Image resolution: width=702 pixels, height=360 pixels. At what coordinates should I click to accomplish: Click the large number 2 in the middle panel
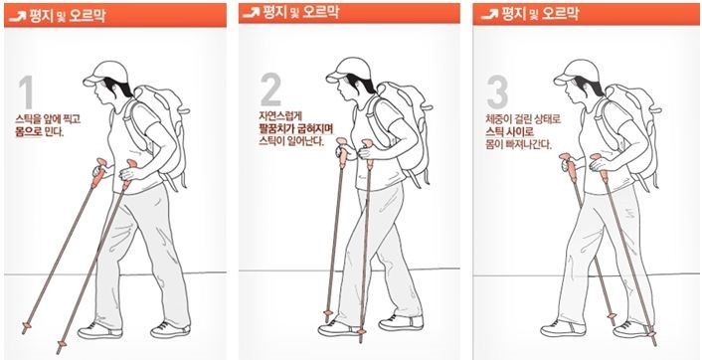(x=270, y=89)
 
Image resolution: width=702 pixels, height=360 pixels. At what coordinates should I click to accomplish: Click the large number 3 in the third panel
(x=497, y=92)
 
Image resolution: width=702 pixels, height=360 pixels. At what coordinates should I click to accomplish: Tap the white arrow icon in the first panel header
(x=17, y=17)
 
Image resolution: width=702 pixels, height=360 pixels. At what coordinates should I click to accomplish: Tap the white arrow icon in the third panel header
(x=489, y=15)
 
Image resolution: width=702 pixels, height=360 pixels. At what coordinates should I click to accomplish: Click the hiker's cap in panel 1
(x=105, y=73)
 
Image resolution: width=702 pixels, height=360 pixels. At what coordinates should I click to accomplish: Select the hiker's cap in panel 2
(x=348, y=70)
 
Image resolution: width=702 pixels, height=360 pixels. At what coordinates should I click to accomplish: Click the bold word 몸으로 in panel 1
(x=30, y=132)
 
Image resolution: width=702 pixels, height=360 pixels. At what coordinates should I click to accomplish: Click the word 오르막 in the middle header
(x=320, y=13)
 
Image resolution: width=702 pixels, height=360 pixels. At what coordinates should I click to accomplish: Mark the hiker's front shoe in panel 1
(x=99, y=330)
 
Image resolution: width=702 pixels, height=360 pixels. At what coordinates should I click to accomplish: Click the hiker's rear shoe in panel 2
(x=401, y=322)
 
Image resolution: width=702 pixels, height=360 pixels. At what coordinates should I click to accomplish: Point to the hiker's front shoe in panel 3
(x=563, y=328)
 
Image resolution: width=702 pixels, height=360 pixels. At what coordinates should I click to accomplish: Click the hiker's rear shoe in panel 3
(x=633, y=329)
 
